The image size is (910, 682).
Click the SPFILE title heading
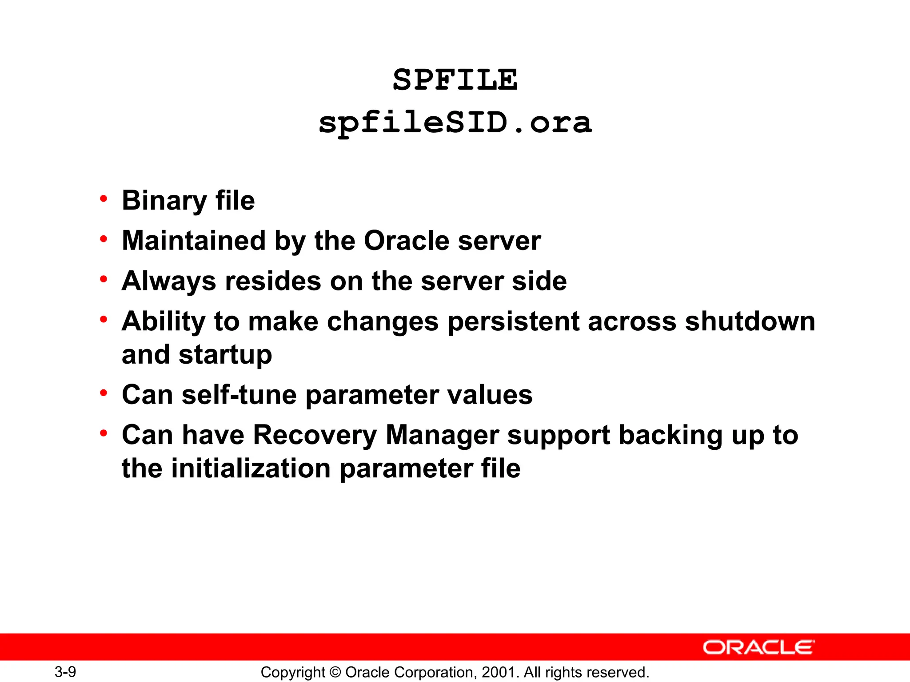point(455,80)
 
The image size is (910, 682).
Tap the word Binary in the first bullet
point(164,201)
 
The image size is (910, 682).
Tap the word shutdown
point(750,321)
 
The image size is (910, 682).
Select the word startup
point(225,355)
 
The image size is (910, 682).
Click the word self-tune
point(239,395)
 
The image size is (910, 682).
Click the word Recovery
point(315,435)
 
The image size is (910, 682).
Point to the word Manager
point(442,435)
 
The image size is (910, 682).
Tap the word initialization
point(251,468)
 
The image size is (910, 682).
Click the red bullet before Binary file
point(104,199)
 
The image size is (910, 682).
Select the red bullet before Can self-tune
point(104,393)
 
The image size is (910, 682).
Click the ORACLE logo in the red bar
point(758,647)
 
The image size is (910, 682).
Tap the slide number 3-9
point(65,672)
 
